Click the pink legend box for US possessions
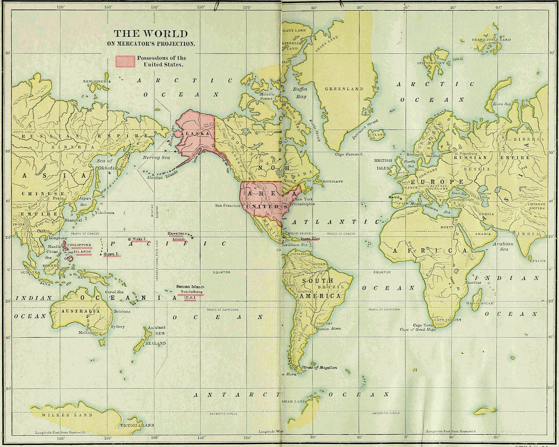coord(125,61)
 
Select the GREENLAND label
coord(344,89)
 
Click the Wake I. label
coord(139,239)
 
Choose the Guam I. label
coord(112,254)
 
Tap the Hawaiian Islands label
coord(176,236)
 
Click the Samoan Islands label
coord(190,287)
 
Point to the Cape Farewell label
coord(349,154)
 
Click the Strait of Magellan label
coord(319,368)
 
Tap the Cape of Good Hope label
coord(417,330)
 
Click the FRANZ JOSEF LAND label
coord(492,39)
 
